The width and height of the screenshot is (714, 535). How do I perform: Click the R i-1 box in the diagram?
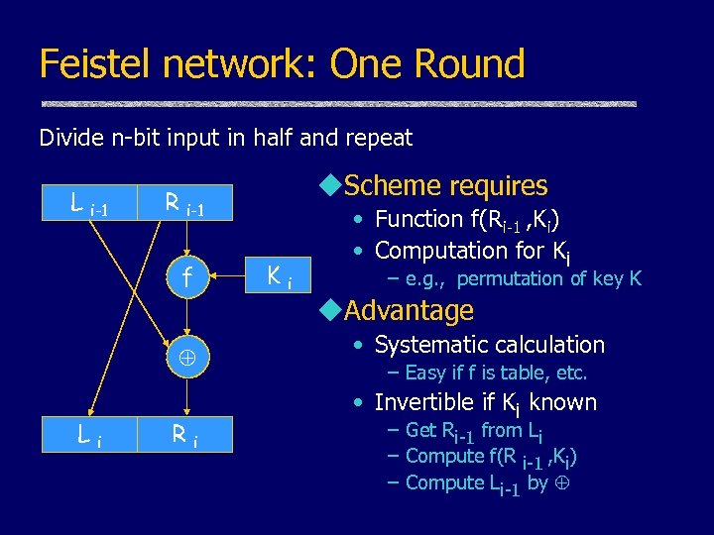click(184, 206)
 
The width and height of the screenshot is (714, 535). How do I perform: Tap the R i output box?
click(184, 433)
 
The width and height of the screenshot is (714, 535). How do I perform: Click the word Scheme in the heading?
click(390, 186)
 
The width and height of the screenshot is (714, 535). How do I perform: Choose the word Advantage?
click(409, 311)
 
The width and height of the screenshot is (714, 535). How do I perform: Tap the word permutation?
click(511, 278)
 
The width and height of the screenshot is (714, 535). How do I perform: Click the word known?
click(563, 402)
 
